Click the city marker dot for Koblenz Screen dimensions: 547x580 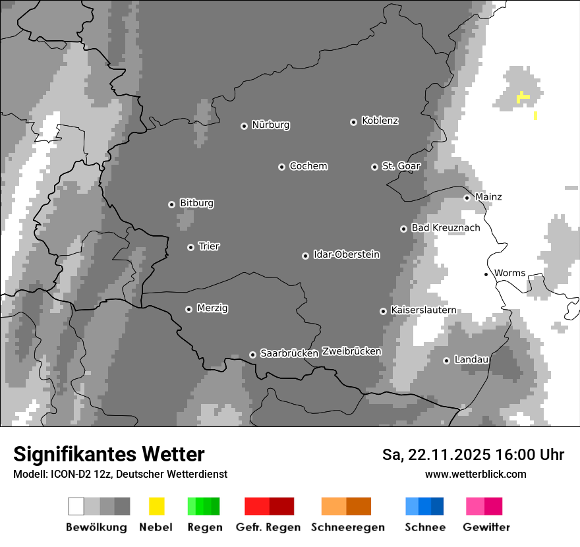tap(353, 122)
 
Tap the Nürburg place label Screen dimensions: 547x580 tap(271, 125)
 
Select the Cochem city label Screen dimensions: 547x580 tap(308, 166)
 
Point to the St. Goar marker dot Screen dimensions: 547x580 tap(374, 167)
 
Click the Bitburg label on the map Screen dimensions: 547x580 tap(196, 204)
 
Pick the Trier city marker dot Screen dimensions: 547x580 tap(190, 247)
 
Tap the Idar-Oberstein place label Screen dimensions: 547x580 tap(347, 255)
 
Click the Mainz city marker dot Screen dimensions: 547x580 tap(467, 198)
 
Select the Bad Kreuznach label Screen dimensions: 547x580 tap(446, 228)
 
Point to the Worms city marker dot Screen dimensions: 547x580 tap(486, 274)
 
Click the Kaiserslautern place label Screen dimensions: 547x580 tap(423, 310)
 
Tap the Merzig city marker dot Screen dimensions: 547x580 tap(188, 309)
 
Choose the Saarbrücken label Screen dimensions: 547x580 tap(289, 354)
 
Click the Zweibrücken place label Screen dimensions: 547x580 tap(351, 352)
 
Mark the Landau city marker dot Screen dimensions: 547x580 tap(446, 360)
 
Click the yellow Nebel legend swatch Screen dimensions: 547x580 tap(156, 506)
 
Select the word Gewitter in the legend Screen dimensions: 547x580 tap(486, 528)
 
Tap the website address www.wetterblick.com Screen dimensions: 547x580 tap(475, 475)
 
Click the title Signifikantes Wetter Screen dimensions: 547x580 tap(109, 455)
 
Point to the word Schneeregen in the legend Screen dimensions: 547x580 tap(348, 528)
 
